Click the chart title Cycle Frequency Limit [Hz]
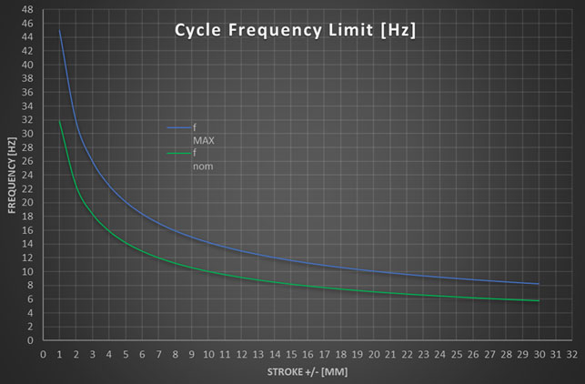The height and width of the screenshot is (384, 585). (295, 31)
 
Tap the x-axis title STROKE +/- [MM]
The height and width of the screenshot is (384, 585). (308, 372)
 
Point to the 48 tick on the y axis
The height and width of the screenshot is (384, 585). (28, 9)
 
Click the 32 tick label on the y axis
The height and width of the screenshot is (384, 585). (28, 120)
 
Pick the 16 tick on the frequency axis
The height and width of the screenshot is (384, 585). (28, 230)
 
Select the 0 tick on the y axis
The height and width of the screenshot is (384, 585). (30, 340)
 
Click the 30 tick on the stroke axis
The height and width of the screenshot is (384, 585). (539, 355)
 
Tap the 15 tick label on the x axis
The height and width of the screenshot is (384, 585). (291, 355)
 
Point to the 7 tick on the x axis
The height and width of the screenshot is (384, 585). (159, 355)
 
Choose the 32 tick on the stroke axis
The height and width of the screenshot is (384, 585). (571, 355)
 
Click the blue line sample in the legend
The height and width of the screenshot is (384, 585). (177, 128)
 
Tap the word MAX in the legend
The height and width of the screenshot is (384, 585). (203, 141)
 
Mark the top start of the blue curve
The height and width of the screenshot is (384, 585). (60, 31)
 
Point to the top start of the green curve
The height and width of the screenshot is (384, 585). (60, 120)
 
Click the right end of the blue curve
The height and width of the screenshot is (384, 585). (539, 284)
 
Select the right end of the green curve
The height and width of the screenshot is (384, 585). (539, 301)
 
